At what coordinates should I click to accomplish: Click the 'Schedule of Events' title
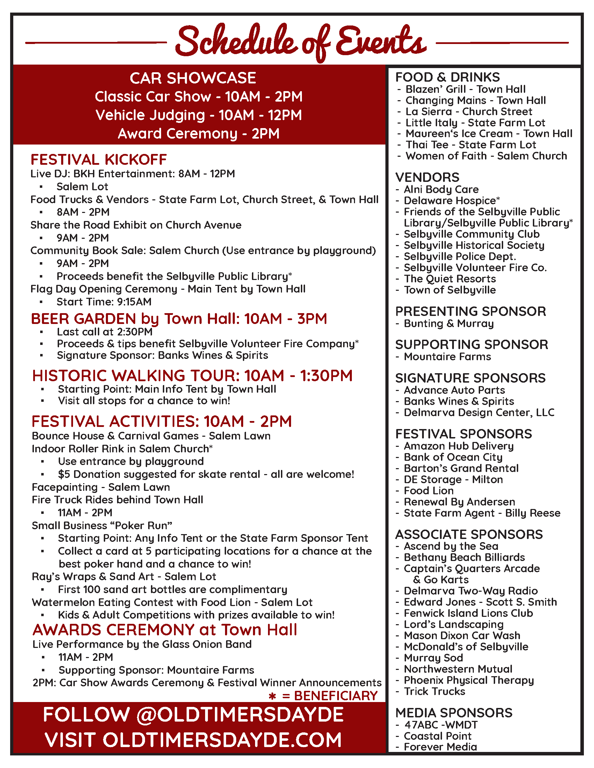301,42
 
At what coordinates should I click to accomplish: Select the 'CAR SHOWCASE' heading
193,78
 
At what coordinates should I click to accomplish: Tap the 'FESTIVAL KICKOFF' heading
99,160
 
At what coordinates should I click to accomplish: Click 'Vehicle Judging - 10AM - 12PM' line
199,115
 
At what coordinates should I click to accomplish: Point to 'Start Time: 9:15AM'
104,302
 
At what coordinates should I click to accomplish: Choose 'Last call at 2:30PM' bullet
104,332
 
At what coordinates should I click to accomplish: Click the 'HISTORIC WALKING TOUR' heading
192,376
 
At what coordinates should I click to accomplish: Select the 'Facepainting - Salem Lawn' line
101,487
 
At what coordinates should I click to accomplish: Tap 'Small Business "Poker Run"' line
102,525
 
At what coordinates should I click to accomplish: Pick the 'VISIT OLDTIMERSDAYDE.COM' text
193,740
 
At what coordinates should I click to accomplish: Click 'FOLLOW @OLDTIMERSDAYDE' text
193,715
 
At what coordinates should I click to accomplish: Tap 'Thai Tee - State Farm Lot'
471,145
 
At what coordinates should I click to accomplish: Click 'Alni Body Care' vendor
441,190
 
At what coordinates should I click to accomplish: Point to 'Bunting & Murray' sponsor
449,324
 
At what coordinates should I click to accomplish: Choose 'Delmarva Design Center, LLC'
479,413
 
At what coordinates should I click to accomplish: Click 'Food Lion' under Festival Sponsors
429,491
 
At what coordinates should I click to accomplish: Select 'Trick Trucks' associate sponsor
434,692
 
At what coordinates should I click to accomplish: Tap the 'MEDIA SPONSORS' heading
454,713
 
